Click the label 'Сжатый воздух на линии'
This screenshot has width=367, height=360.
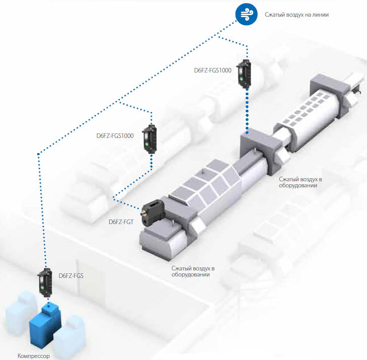(x=297, y=15)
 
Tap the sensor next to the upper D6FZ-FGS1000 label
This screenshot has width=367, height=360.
(x=246, y=74)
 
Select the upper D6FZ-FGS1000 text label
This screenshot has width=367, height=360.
(x=212, y=70)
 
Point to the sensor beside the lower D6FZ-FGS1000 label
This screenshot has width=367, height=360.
(x=150, y=138)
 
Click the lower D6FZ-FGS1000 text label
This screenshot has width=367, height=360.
(x=115, y=135)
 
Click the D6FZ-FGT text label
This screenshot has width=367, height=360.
(x=121, y=222)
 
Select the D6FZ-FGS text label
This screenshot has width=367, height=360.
(x=71, y=275)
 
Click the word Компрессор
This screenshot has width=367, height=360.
(x=34, y=355)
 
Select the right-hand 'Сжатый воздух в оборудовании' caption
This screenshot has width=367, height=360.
(x=301, y=182)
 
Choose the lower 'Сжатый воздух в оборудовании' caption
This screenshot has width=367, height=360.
(x=193, y=271)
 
